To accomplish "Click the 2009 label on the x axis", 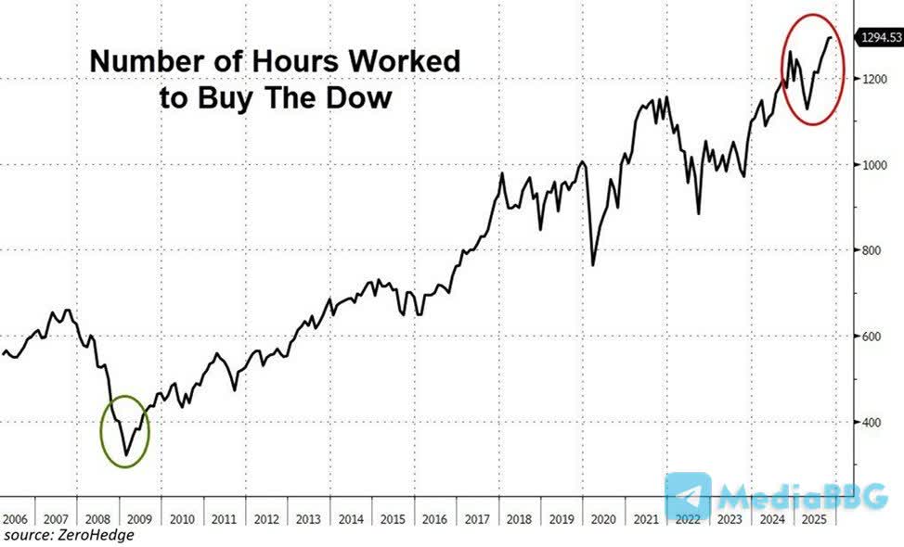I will (136, 519).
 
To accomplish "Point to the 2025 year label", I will (810, 519).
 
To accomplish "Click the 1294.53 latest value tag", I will (878, 37).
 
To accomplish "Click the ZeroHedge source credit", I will (69, 535).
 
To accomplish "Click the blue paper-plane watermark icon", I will (688, 498).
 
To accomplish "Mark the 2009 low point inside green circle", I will (125, 456).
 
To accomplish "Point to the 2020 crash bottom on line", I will (593, 265).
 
